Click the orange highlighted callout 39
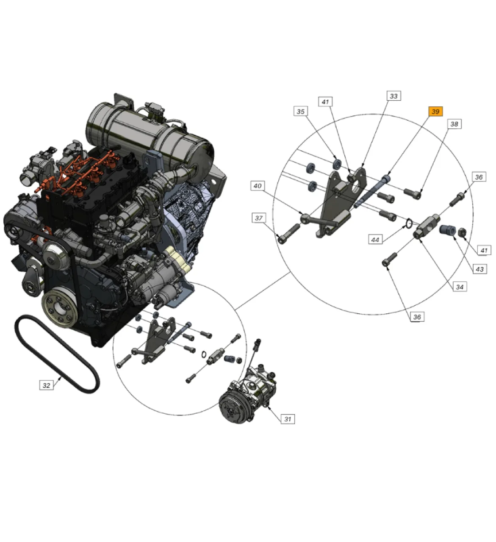pos(435,111)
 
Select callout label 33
pos(393,96)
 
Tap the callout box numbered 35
pos(301,111)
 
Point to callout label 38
pos(454,124)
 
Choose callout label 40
pos(258,185)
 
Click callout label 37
pos(259,218)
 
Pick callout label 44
pos(375,239)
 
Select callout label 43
pos(480,269)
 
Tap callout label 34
pos(460,287)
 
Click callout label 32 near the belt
pos(46,385)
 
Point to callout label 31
pos(288,419)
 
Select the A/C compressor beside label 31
pos(247,395)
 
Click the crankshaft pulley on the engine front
pos(60,308)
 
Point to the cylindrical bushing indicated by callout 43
pos(448,230)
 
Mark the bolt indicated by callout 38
pos(412,194)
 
